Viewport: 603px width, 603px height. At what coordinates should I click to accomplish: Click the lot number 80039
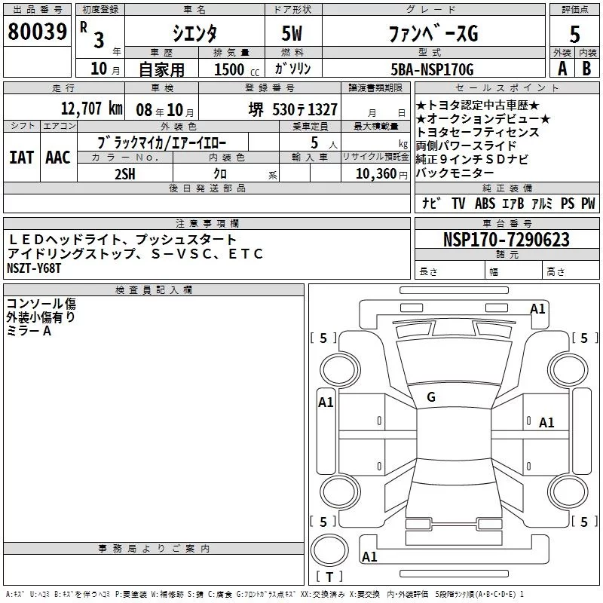tap(37, 32)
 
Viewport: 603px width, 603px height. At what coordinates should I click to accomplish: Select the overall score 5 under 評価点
tap(574, 34)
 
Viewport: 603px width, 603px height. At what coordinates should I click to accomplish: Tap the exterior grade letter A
tap(562, 69)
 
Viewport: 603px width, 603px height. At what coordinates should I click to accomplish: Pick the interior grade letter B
tap(587, 69)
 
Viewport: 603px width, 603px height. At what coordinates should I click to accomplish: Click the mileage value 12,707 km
tap(92, 109)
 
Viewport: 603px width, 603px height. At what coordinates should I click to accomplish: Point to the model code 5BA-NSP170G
tap(432, 69)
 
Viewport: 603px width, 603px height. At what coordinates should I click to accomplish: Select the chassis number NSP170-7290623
tap(506, 240)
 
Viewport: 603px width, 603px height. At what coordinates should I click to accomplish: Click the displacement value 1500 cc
tap(237, 69)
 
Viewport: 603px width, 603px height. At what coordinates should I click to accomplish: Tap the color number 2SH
tap(125, 174)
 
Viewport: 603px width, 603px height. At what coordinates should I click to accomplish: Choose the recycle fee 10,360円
tap(381, 174)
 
